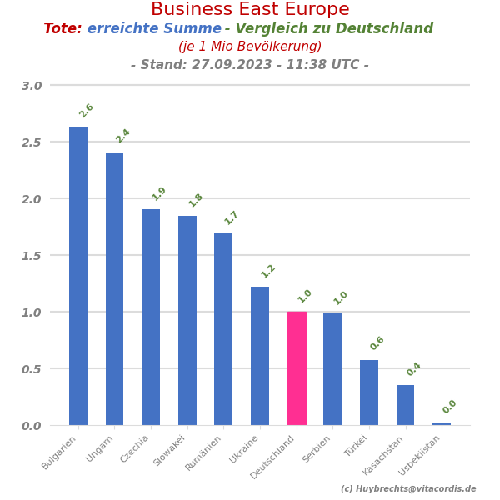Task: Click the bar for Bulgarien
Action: [x=78, y=275]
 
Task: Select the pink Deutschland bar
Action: [x=297, y=368]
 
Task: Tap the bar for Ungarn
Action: [x=114, y=288]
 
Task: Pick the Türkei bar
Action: [x=369, y=392]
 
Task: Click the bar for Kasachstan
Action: [x=405, y=405]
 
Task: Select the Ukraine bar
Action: [x=260, y=356]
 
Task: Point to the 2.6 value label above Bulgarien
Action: [x=87, y=111]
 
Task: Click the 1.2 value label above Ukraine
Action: [x=268, y=271]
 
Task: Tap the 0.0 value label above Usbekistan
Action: [x=450, y=407]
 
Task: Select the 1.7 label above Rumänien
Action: [x=232, y=217]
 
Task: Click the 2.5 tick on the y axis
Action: [x=32, y=142]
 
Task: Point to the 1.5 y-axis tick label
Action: [x=32, y=256]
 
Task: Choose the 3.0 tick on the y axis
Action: [x=32, y=86]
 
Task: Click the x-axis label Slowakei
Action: [x=171, y=451]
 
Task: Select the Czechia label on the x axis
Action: [x=135, y=449]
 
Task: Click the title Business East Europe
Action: [x=250, y=10]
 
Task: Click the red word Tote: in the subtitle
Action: [x=62, y=29]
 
